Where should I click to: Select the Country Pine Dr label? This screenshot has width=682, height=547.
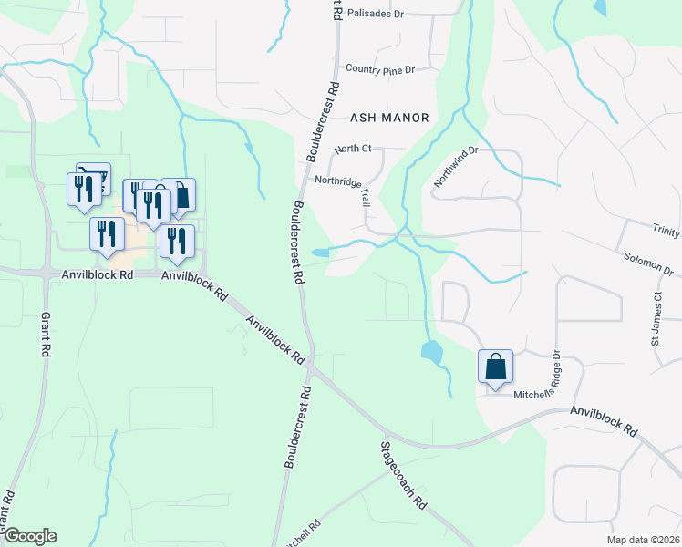[x=380, y=69]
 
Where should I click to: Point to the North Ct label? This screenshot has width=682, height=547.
[x=354, y=149]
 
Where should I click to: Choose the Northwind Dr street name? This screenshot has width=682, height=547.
[x=456, y=167]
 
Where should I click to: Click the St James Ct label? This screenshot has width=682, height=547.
[x=656, y=317]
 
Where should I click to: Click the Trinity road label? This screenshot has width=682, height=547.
[x=666, y=232]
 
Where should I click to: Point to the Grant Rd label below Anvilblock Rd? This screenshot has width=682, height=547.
[x=44, y=335]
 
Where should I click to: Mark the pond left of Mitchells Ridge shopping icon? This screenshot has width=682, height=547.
[x=432, y=351]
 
